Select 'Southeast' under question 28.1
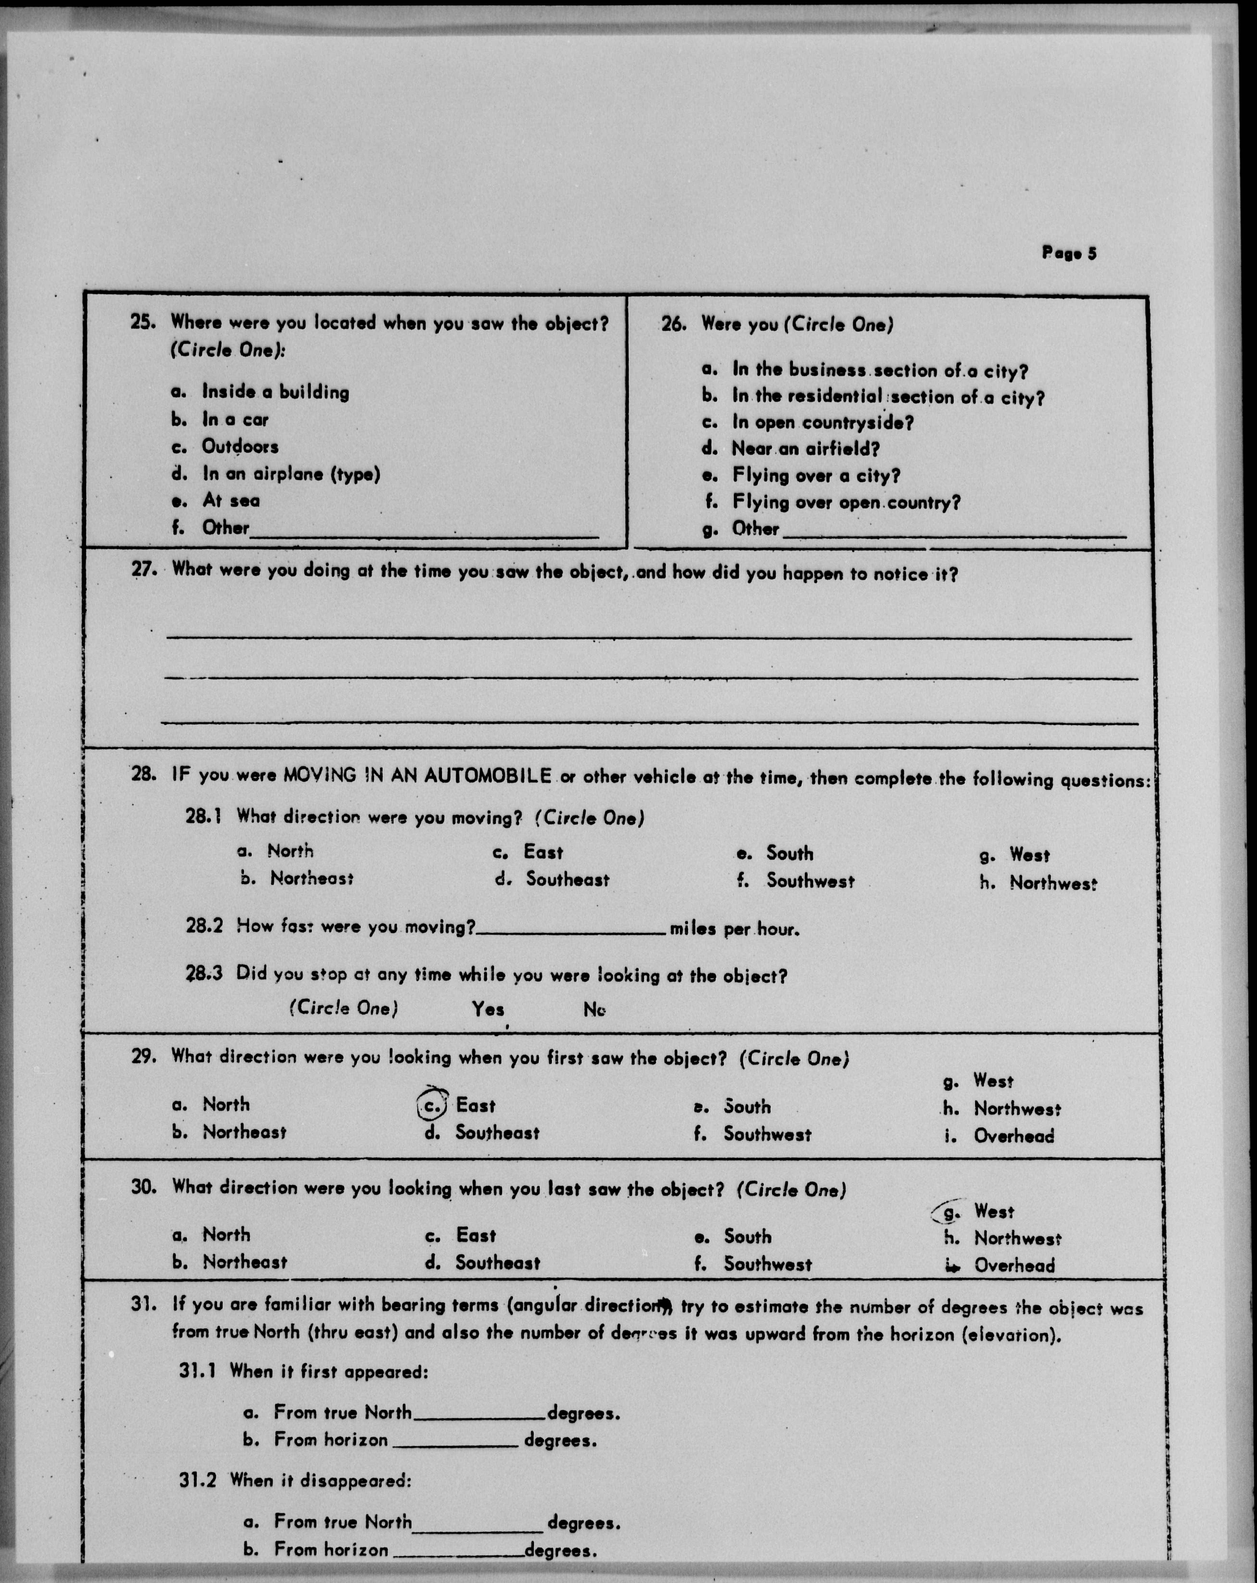(567, 879)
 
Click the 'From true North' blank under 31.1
(480, 1413)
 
